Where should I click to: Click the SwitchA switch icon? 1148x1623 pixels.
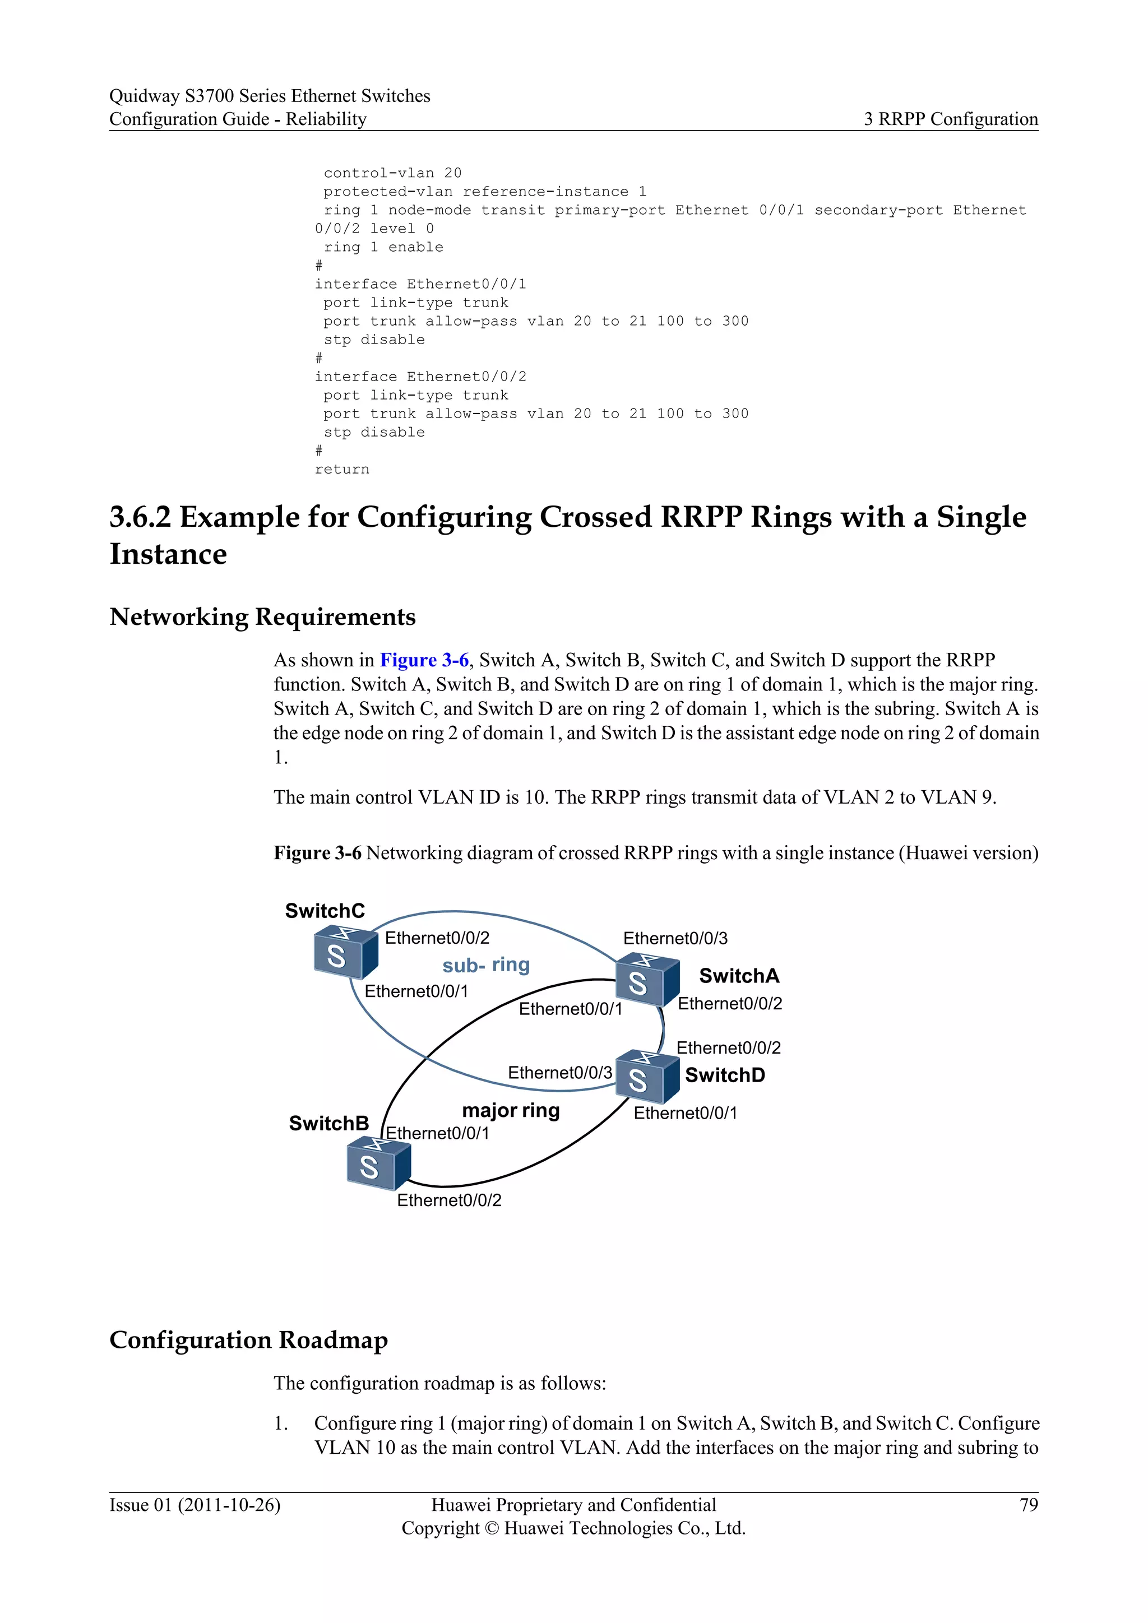[x=647, y=980]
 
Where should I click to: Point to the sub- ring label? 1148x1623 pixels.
[x=485, y=965]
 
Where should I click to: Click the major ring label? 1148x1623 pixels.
[x=511, y=1111]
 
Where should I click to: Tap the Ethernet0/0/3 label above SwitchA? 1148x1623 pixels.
[x=675, y=938]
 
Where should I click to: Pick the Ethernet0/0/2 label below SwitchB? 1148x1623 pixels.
[x=449, y=1200]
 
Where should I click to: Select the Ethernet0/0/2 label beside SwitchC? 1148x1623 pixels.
[x=437, y=938]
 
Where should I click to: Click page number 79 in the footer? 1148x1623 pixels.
[x=1029, y=1505]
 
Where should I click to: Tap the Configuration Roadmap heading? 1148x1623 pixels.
[x=248, y=1340]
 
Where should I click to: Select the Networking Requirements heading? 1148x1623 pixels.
[x=262, y=616]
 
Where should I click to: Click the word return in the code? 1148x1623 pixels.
[x=342, y=470]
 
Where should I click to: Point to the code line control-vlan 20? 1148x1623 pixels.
[x=392, y=173]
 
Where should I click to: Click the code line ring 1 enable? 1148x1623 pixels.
[x=383, y=247]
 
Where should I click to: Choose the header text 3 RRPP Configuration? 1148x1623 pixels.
[x=951, y=119]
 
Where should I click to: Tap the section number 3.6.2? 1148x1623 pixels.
[x=140, y=517]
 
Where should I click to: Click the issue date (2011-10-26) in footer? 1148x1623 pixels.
[x=229, y=1505]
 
